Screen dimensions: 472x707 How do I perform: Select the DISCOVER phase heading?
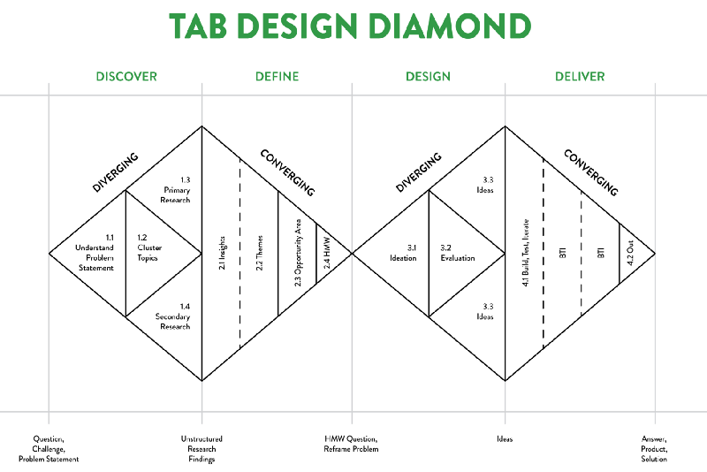[125, 76]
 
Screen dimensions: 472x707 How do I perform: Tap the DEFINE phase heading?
[277, 76]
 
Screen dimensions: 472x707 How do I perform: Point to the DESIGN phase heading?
[428, 76]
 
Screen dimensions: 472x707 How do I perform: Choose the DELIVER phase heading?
[580, 76]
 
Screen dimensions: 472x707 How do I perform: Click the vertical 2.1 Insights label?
[221, 254]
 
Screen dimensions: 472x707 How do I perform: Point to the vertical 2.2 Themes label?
[260, 254]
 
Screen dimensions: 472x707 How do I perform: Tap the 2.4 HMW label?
[326, 255]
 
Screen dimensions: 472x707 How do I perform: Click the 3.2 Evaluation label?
[458, 253]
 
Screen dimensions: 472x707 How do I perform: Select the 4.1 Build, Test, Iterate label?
[525, 254]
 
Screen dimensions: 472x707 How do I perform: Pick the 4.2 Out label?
[630, 254]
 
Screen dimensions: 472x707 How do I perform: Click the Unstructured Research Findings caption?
[201, 449]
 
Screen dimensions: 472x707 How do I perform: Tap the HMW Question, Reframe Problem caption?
[352, 445]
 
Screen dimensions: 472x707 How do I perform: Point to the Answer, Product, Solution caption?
[655, 449]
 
